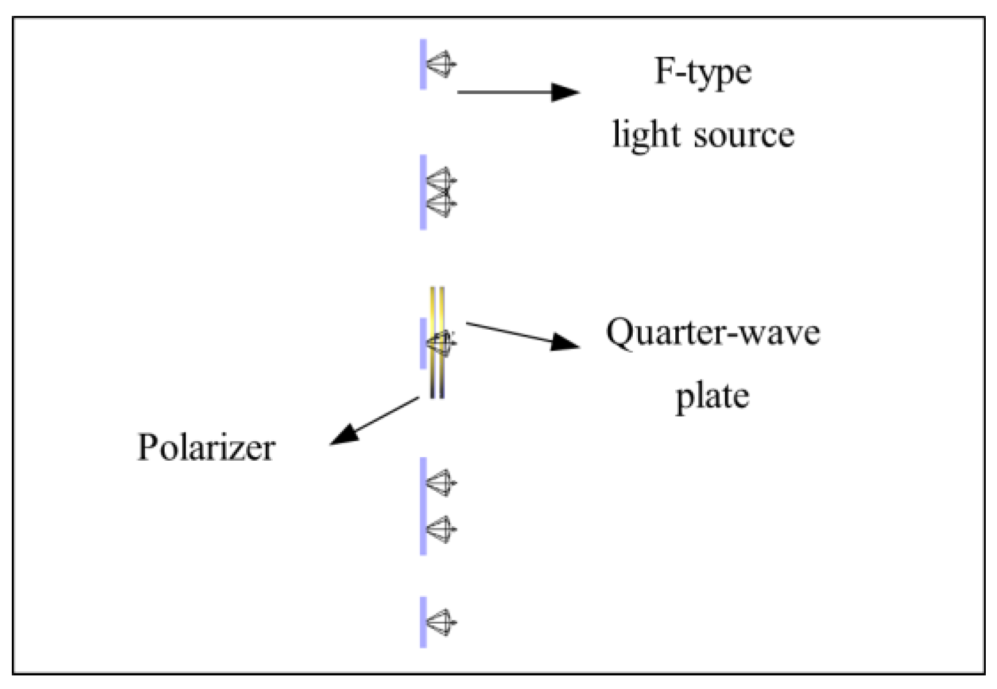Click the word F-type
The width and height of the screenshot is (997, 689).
pyautogui.click(x=702, y=72)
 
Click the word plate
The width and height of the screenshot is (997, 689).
pyautogui.click(x=712, y=396)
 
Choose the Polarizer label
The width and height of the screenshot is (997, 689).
pyautogui.click(x=206, y=447)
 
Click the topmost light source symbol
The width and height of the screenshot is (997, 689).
pyautogui.click(x=442, y=64)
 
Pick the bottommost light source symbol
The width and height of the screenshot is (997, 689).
pyautogui.click(x=442, y=622)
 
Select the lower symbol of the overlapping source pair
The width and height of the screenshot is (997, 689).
pyautogui.click(x=442, y=204)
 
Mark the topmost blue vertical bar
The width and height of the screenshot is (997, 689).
pyautogui.click(x=423, y=64)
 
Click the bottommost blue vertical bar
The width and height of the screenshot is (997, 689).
pyautogui.click(x=423, y=622)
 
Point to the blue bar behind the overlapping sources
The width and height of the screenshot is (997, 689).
pyautogui.click(x=423, y=192)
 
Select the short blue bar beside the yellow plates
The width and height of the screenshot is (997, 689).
pyautogui.click(x=423, y=343)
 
